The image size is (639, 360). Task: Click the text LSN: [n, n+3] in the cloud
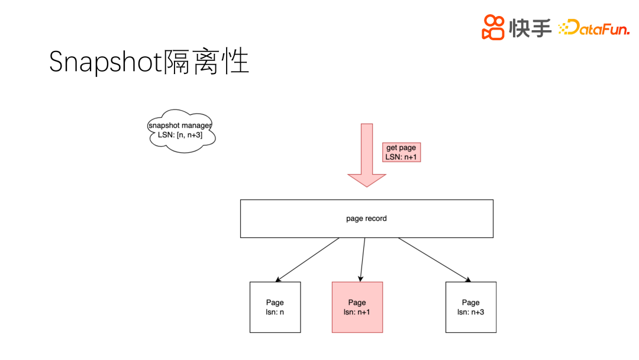[x=180, y=135]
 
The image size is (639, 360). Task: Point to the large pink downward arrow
[x=367, y=151]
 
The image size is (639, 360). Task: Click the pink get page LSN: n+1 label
[x=401, y=152]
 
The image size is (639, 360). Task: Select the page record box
[x=367, y=218]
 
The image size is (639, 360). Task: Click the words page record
[x=367, y=218]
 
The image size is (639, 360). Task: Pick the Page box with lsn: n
[x=275, y=307]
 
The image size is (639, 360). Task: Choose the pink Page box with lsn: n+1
[x=357, y=307]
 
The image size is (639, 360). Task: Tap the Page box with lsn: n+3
[x=471, y=307]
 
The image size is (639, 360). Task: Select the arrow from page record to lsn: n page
[x=308, y=259]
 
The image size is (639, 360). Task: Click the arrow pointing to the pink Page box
[x=363, y=259]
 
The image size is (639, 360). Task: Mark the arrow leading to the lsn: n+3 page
[x=435, y=259]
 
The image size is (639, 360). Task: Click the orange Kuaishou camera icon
[x=493, y=27]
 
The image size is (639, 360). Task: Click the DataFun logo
[x=594, y=27]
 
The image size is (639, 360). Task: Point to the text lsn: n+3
[x=471, y=312]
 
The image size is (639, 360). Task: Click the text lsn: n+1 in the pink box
[x=357, y=312]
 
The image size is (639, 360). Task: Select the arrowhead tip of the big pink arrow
[x=367, y=185]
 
